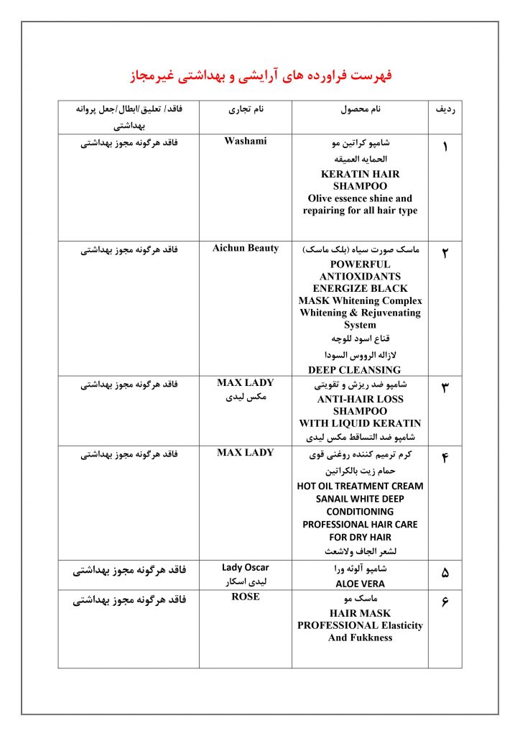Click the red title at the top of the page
click(x=260, y=76)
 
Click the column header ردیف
click(x=445, y=111)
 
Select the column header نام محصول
click(x=360, y=111)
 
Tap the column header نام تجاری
click(x=246, y=111)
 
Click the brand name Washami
click(x=246, y=142)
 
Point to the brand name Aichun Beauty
click(x=246, y=249)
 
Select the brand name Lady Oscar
click(x=246, y=568)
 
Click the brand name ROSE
click(x=246, y=597)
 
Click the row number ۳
click(x=445, y=388)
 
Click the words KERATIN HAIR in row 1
click(x=360, y=174)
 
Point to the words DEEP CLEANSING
click(x=354, y=370)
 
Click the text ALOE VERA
click(x=360, y=584)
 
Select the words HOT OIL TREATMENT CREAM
click(x=360, y=486)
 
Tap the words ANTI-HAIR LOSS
click(x=360, y=399)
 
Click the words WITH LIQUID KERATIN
click(x=360, y=423)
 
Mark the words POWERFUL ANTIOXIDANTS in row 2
click(x=360, y=270)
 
